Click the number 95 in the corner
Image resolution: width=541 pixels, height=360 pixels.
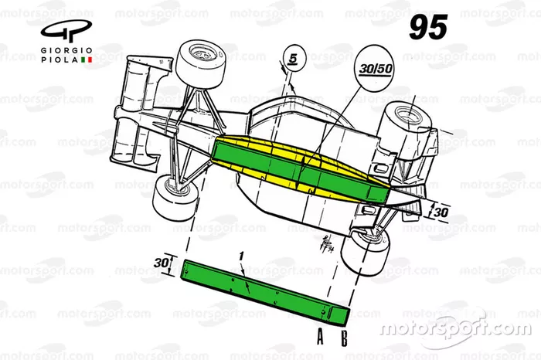[x=428, y=29]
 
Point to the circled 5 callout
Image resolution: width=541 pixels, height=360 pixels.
[x=292, y=56]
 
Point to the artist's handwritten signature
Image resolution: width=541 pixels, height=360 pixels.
[x=323, y=245]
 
